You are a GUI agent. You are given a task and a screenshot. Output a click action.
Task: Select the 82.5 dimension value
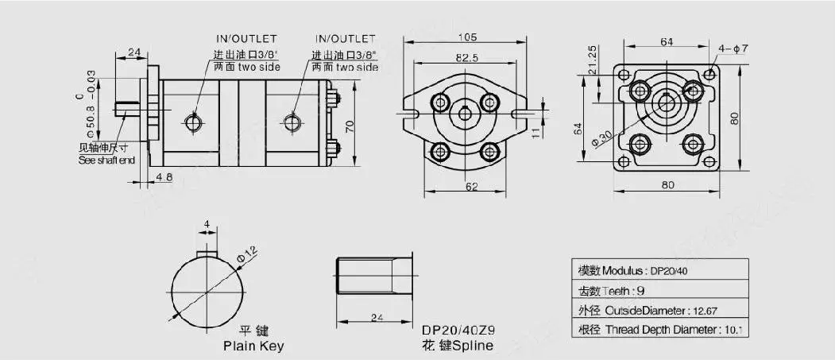pyautogui.click(x=466, y=58)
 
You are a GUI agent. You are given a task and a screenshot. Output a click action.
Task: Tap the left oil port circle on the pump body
pyautogui.click(x=193, y=122)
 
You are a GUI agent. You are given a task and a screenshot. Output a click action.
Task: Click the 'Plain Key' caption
pyautogui.click(x=253, y=346)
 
